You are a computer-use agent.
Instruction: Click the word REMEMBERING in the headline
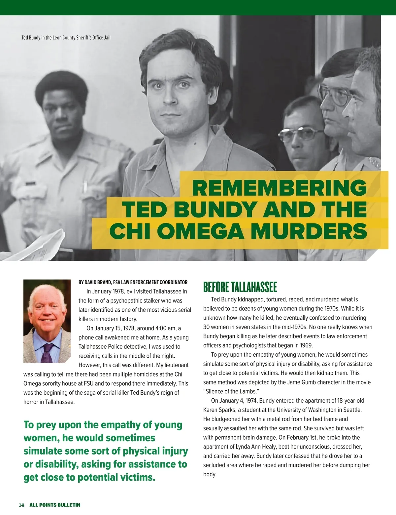[279, 188]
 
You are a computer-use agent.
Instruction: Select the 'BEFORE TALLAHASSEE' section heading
[240, 287]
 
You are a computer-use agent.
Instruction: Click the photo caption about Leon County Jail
[66, 38]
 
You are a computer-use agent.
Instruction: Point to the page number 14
[21, 505]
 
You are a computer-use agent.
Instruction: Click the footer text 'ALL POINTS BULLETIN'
[55, 505]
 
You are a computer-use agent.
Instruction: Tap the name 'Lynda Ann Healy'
[256, 447]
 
